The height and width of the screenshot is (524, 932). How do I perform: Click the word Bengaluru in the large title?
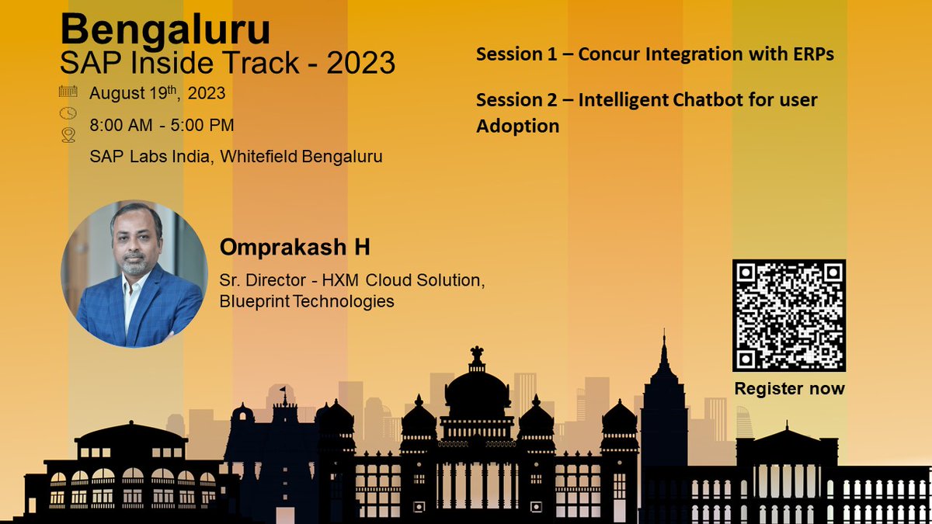(165, 30)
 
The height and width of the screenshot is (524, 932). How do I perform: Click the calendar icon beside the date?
(68, 92)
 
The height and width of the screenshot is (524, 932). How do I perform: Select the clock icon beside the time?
(68, 113)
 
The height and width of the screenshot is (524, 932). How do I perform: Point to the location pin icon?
(68, 136)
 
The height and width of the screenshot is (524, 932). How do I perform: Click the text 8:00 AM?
(123, 125)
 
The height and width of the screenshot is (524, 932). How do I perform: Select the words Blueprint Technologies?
(307, 300)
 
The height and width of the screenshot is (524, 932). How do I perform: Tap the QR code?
(788, 315)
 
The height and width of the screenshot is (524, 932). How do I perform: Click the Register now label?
(789, 388)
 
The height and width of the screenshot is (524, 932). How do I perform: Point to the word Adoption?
(517, 126)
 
